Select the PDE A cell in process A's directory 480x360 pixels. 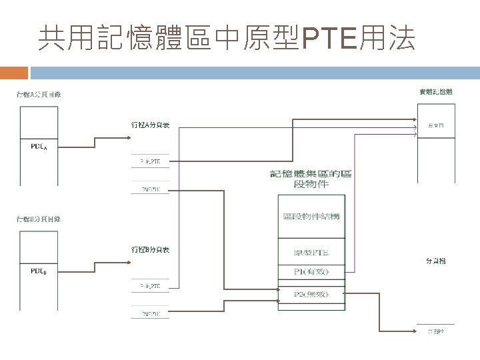(x=39, y=147)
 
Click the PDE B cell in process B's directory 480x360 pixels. (x=39, y=271)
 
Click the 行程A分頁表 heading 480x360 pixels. (x=150, y=125)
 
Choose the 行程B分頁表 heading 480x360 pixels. (x=150, y=249)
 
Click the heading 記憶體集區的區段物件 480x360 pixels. (x=311, y=179)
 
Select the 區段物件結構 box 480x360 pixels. (x=311, y=216)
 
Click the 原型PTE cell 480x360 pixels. (x=311, y=253)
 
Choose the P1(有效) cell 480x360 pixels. (x=311, y=271)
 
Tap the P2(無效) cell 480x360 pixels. (x=311, y=293)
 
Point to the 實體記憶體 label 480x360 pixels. (x=436, y=92)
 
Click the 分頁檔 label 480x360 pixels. (x=436, y=261)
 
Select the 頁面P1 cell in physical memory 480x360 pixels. (x=437, y=125)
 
